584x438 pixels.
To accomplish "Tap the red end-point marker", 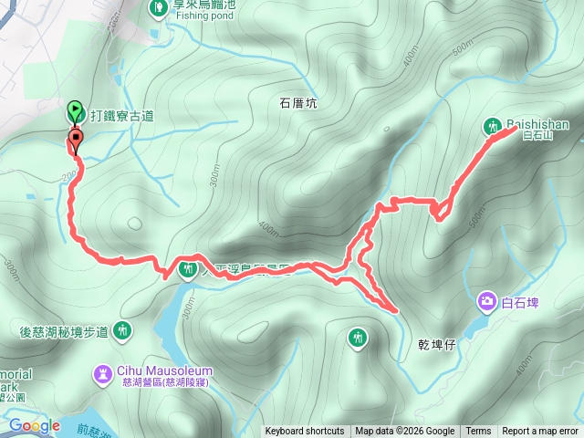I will (75, 140).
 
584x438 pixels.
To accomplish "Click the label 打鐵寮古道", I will (120, 116).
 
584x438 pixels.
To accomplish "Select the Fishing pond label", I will (199, 16).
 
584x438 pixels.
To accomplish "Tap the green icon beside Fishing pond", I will (157, 7).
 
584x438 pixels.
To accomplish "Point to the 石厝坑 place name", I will (298, 104).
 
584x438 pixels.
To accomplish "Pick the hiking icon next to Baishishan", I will (493, 125).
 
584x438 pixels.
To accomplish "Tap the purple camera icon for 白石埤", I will (486, 300).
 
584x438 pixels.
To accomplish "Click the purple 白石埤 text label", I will (520, 301).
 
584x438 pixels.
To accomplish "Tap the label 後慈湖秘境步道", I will (64, 331).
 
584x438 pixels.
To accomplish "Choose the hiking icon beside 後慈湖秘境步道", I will (124, 330).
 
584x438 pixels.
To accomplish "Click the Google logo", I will (34, 425).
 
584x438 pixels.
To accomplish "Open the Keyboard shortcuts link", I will (305, 432).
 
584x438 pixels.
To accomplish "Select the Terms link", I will (478, 432).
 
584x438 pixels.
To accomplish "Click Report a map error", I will (540, 432).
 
